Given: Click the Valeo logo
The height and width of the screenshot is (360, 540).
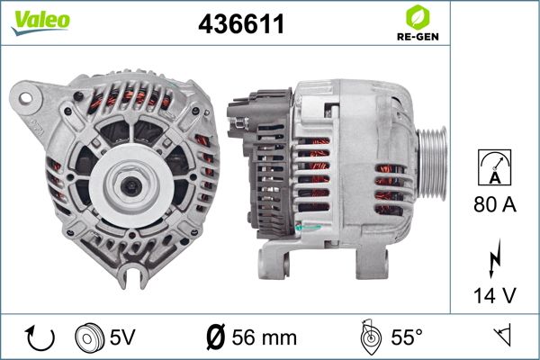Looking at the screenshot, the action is (40, 22).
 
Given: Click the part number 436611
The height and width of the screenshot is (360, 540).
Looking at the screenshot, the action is (241, 24).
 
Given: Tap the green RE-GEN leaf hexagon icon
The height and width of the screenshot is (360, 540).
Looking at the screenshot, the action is (418, 17).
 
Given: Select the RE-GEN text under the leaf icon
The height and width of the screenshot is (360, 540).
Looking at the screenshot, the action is (418, 37).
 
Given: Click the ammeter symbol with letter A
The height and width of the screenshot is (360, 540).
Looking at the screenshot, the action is (494, 167).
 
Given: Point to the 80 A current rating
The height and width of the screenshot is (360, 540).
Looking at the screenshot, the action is (495, 204).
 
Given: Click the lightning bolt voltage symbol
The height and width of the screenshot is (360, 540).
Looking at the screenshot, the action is (494, 258).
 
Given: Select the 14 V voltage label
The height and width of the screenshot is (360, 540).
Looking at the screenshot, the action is (495, 295).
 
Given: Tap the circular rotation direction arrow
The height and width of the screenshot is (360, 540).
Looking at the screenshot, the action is (40, 338).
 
